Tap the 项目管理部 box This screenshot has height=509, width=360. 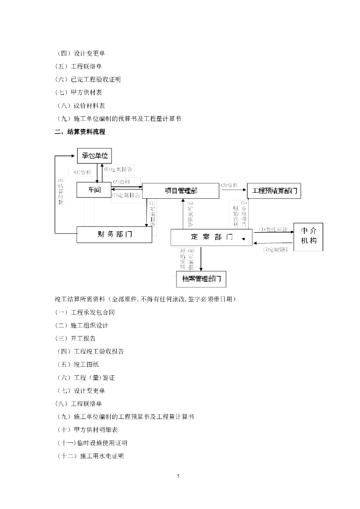(180, 190)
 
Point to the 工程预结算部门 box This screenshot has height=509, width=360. (273, 191)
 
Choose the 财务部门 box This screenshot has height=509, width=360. (114, 235)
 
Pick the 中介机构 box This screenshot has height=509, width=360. (308, 237)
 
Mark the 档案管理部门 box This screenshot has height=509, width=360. (201, 279)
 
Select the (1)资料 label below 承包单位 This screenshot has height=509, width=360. (83, 172)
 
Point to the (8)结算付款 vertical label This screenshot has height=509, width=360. (61, 192)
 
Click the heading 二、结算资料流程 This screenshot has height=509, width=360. (80, 132)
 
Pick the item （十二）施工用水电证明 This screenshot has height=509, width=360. (90, 456)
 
